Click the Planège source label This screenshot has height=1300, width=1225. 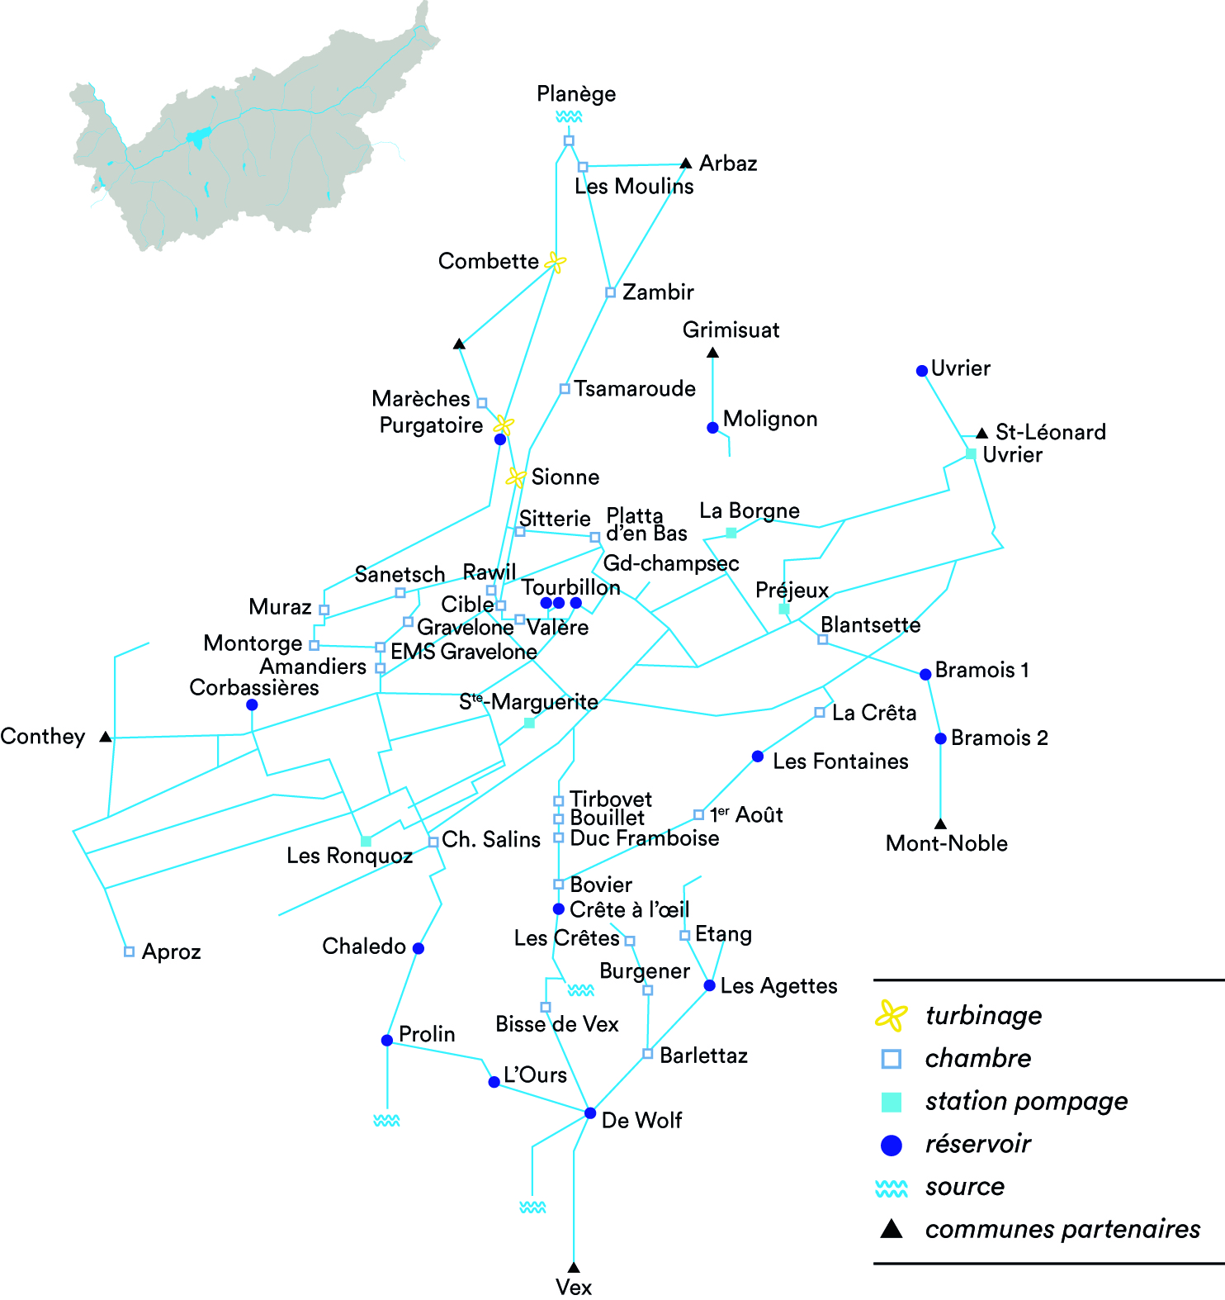[x=576, y=94]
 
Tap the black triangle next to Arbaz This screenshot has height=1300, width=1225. [x=685, y=164]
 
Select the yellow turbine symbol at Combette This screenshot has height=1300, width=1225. [x=556, y=263]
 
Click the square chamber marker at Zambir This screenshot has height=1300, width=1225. [x=610, y=292]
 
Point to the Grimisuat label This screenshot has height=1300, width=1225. [x=731, y=330]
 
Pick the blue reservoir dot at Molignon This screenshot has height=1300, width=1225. [x=712, y=428]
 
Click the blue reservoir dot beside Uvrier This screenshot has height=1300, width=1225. [x=922, y=371]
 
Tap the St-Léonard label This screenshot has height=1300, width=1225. [x=1050, y=432]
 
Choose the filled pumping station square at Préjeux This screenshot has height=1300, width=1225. [x=784, y=609]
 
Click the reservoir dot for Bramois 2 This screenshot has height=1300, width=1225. [x=940, y=738]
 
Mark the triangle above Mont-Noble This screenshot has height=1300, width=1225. [x=940, y=823]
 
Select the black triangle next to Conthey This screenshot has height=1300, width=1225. [x=106, y=737]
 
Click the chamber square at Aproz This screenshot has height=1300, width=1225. [x=129, y=951]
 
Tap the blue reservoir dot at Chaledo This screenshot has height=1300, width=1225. [x=419, y=948]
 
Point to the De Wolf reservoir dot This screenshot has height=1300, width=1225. [x=590, y=1113]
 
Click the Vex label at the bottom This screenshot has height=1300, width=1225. [x=574, y=1287]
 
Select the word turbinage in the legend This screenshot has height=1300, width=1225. [x=983, y=1015]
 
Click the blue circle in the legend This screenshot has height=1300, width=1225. [x=892, y=1145]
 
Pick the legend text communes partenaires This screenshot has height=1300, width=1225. [x=1062, y=1229]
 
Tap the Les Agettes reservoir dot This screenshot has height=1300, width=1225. [x=709, y=985]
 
